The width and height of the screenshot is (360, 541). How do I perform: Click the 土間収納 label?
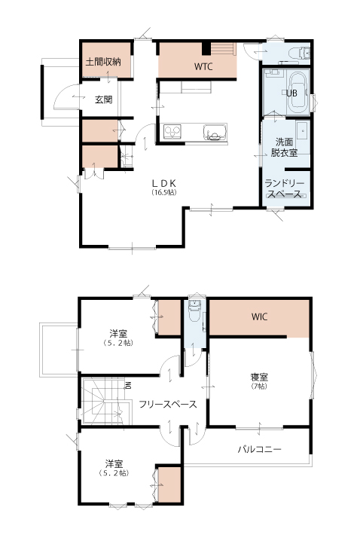point(103,62)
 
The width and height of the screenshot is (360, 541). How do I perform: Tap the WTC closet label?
point(203,66)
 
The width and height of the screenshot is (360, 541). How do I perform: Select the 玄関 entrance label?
point(103,99)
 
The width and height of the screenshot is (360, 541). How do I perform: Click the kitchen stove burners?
point(172,132)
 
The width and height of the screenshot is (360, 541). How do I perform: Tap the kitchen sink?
point(215,133)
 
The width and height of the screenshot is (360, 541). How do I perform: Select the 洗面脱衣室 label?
point(284,148)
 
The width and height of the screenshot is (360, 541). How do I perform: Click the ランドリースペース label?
point(285,188)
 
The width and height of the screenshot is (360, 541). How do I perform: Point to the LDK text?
point(164,183)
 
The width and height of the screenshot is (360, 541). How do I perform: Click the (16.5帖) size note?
point(164,193)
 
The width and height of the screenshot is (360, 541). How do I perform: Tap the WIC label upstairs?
point(259,316)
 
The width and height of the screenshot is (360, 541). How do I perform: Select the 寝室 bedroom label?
point(259,377)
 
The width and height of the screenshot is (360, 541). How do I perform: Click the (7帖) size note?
point(259,387)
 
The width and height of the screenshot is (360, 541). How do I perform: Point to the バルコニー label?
point(259,449)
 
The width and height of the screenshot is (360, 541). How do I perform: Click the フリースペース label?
point(168,404)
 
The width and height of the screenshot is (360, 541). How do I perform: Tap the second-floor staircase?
point(106,400)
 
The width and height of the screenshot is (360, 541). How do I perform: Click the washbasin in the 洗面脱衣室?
point(303,131)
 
